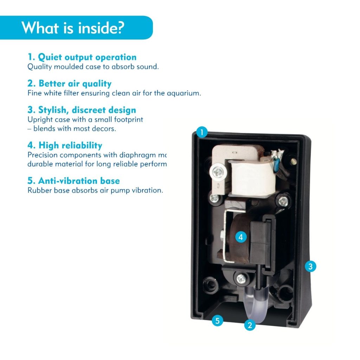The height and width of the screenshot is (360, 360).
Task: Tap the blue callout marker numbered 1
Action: tap(202, 133)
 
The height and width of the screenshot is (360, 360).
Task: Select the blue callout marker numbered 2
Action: tap(250, 325)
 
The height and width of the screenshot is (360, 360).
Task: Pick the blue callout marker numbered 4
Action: tap(240, 237)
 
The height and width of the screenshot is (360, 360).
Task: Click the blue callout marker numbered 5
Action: tap(218, 321)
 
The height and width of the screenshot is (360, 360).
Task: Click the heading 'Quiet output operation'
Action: tap(82, 57)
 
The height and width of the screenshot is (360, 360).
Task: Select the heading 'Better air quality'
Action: tap(69, 84)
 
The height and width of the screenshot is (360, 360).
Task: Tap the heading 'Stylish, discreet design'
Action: tap(82, 110)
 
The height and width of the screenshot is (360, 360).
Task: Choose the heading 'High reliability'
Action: tap(65, 146)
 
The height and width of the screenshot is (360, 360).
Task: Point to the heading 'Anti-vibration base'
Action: tap(73, 181)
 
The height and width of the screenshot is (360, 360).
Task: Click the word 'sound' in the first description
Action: tap(148, 67)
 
